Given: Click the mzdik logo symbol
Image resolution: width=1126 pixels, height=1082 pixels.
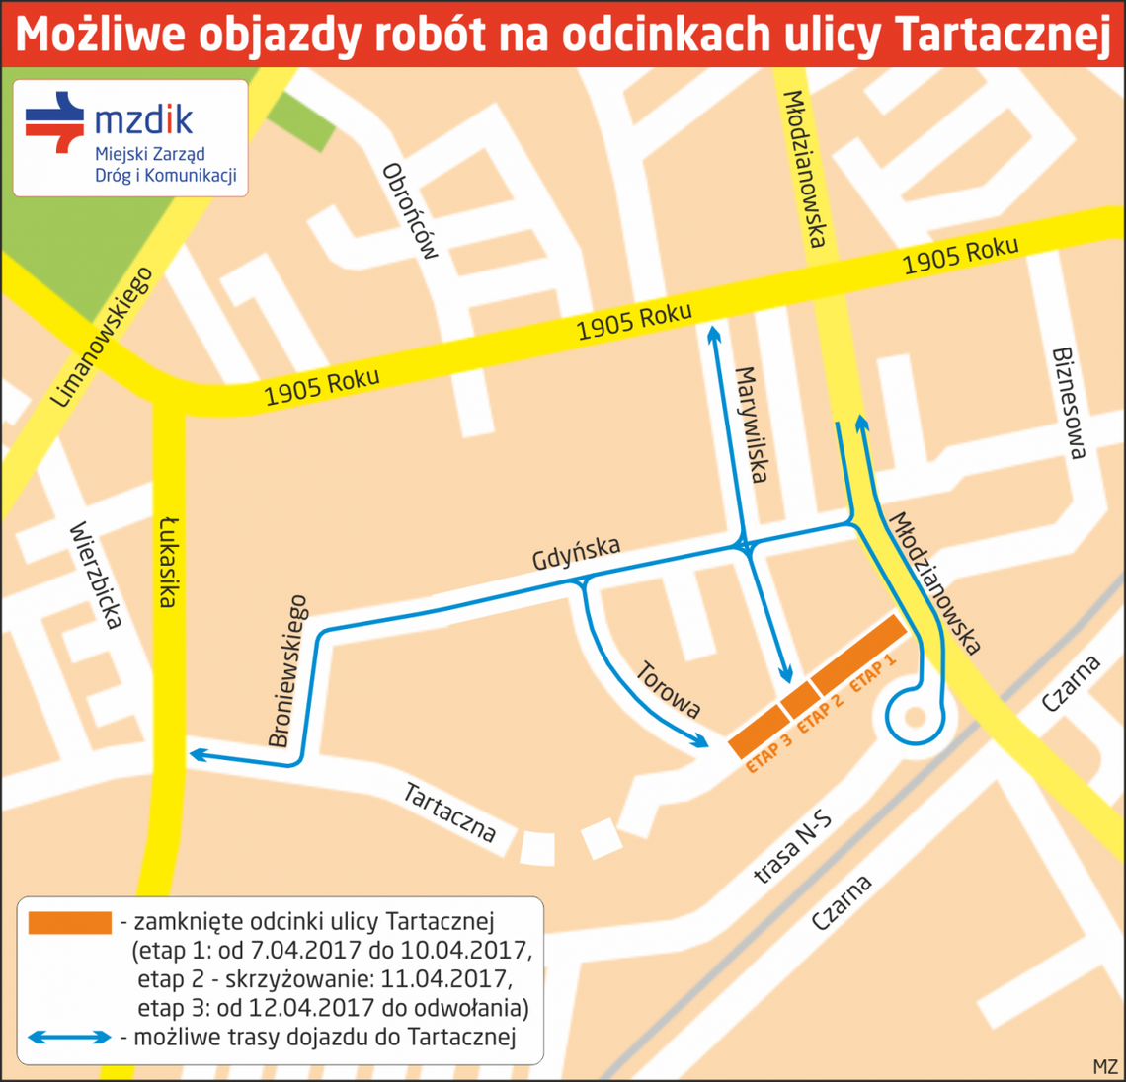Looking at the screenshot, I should (x=55, y=122).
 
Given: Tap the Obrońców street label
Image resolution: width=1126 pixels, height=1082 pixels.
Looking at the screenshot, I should (x=409, y=210).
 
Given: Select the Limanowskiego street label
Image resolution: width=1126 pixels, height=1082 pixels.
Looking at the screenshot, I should (x=101, y=337).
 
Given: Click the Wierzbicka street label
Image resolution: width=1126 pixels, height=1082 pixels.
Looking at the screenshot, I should (x=96, y=575).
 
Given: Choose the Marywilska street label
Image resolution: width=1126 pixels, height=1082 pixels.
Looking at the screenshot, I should (x=750, y=425).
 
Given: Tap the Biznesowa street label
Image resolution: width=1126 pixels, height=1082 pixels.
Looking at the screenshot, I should (x=1069, y=403).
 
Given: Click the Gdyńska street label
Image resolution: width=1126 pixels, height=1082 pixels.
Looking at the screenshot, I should (x=576, y=553).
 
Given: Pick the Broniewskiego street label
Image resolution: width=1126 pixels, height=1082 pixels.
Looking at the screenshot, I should (x=288, y=670).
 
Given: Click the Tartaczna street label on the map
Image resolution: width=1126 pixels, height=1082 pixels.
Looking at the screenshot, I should (x=449, y=811).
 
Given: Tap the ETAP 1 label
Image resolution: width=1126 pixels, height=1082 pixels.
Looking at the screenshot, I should (x=873, y=671).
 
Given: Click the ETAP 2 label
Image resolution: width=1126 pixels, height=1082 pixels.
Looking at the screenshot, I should (x=820, y=714).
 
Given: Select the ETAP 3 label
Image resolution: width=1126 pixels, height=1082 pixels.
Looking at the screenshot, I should (x=769, y=752).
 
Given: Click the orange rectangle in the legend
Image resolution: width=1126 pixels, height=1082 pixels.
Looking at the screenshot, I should (x=70, y=922).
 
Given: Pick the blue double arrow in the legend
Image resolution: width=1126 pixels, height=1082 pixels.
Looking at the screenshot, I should (x=70, y=1038).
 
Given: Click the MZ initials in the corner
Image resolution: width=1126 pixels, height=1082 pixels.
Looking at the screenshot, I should (x=1105, y=1067).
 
